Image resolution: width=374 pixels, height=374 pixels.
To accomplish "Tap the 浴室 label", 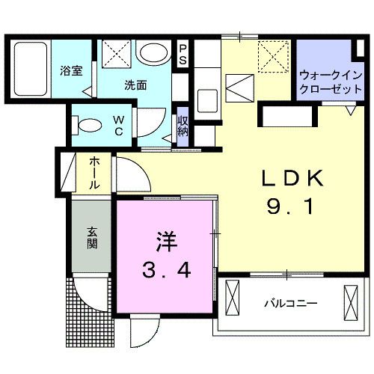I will point(71,72).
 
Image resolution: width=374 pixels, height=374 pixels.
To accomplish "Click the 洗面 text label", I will point(135,85).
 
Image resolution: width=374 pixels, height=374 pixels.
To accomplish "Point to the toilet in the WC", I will point(88,123).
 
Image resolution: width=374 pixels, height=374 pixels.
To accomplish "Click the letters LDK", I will point(290,180).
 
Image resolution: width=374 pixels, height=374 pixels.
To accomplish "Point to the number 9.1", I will point(290,209).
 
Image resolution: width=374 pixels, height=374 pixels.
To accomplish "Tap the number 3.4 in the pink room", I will point(165,269).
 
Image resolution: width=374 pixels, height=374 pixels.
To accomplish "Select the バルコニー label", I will point(292,304).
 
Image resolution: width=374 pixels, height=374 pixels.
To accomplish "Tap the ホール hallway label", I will point(96,173).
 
